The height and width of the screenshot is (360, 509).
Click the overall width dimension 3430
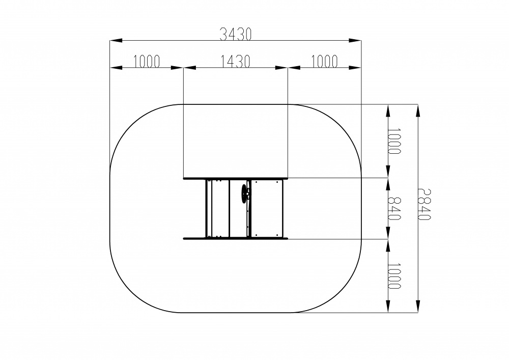point(235,34)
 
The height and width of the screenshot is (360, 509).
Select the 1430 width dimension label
point(235,61)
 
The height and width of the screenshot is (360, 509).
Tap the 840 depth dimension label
point(395,208)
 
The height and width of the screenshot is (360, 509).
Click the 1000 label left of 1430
point(147,61)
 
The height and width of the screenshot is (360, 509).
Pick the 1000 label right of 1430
point(325,61)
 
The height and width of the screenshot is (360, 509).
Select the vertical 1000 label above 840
point(395,141)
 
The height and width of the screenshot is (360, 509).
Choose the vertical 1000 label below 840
point(395,276)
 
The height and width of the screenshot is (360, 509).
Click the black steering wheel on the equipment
point(244,194)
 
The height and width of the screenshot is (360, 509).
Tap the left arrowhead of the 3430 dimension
point(116,41)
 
